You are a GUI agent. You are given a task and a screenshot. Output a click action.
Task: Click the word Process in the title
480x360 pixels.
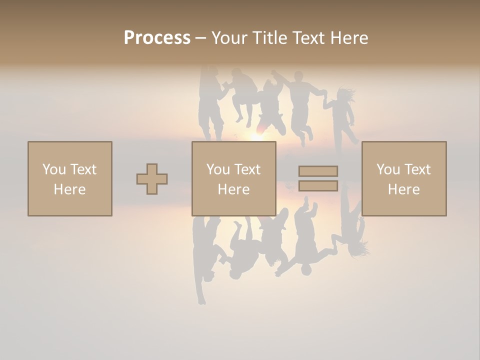(x=157, y=38)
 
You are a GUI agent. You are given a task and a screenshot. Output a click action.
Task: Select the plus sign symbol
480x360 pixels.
(x=152, y=178)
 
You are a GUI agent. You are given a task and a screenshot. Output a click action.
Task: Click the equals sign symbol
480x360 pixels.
(x=318, y=178)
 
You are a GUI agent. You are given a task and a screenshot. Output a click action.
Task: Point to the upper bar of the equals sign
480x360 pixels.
(x=318, y=171)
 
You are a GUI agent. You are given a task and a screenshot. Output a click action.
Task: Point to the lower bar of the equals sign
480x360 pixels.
(x=318, y=185)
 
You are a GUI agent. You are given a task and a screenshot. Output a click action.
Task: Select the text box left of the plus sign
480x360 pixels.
(x=70, y=178)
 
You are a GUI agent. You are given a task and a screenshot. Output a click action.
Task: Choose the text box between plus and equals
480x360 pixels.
(x=233, y=178)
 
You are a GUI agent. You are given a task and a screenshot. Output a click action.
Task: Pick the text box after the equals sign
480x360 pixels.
(x=403, y=178)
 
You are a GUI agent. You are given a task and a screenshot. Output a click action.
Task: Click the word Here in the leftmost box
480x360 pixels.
(x=70, y=189)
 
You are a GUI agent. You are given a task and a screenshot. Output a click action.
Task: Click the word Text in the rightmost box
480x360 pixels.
(x=417, y=169)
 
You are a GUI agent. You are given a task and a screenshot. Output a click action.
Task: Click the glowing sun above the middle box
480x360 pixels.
(x=256, y=136)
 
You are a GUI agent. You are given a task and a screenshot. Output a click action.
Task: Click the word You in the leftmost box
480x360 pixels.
(x=54, y=169)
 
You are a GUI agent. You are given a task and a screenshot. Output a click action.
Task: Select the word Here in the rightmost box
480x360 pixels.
(x=403, y=189)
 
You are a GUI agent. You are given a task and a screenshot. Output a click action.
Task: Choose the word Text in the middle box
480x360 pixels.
(x=247, y=169)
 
